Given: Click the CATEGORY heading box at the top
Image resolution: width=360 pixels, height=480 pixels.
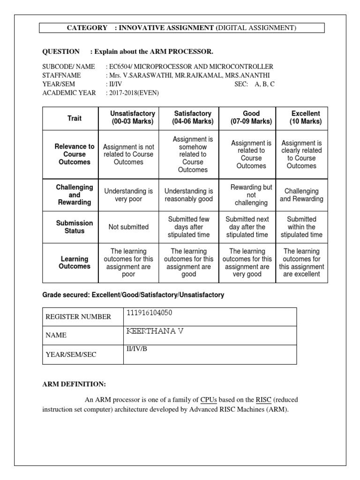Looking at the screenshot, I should [182, 28].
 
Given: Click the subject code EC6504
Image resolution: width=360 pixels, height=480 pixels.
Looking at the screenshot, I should [120, 67].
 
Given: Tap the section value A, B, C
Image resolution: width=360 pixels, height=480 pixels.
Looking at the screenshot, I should [265, 84].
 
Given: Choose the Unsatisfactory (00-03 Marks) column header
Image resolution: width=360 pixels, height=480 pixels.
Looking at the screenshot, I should [128, 118].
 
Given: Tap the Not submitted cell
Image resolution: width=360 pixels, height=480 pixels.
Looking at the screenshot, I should [128, 227].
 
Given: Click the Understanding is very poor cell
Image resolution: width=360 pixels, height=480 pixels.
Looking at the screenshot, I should [128, 195].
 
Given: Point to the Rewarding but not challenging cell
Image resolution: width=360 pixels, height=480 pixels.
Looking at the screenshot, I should [251, 195].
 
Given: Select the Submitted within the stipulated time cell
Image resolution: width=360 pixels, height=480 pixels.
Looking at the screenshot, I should [301, 227].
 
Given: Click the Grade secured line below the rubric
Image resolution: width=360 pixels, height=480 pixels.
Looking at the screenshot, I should [133, 295].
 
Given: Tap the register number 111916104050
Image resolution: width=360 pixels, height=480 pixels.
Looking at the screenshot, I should [152, 313].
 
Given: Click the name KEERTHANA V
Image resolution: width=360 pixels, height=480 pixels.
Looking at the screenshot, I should [155, 331].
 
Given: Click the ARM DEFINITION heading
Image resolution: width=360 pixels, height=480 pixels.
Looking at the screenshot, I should [74, 384].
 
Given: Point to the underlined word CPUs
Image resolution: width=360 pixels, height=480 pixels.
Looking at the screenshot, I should [208, 400].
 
